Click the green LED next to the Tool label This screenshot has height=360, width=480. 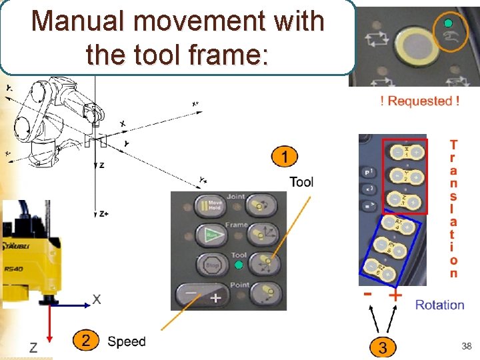pyautogui.click(x=239, y=265)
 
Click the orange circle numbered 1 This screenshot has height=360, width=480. pyautogui.click(x=285, y=157)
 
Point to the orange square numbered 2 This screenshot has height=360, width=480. pyautogui.click(x=86, y=341)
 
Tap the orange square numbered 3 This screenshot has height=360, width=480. pyautogui.click(x=382, y=346)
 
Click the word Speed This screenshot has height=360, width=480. pyautogui.click(x=126, y=341)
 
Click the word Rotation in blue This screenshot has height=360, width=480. pyautogui.click(x=439, y=305)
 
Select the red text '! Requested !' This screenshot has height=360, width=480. pyautogui.click(x=419, y=101)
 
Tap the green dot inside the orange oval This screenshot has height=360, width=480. pyautogui.click(x=448, y=24)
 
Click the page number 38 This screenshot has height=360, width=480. pyautogui.click(x=466, y=346)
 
